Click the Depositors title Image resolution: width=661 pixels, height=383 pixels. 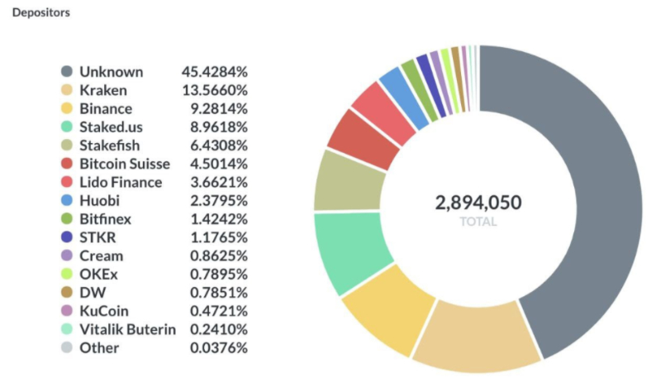pyautogui.click(x=40, y=13)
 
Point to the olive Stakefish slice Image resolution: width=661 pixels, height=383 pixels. pyautogui.click(x=348, y=181)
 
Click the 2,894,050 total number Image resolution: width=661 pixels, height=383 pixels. pyautogui.click(x=478, y=203)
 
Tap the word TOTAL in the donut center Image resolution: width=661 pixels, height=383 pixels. pyautogui.click(x=478, y=222)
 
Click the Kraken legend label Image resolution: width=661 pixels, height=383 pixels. pyautogui.click(x=104, y=90)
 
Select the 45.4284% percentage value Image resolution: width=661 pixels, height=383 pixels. pyautogui.click(x=215, y=72)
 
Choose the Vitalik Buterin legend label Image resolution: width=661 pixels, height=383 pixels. pyautogui.click(x=127, y=329)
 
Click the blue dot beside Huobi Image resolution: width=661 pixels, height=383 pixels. pyautogui.click(x=67, y=201)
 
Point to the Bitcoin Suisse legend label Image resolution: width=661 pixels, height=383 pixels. pyautogui.click(x=125, y=164)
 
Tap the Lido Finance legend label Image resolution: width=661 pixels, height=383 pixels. pyautogui.click(x=121, y=182)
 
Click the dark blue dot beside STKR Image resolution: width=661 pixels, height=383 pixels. pyautogui.click(x=67, y=237)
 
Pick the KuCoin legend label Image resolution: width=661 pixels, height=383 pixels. pyautogui.click(x=103, y=311)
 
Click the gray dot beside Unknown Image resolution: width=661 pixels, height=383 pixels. pyautogui.click(x=67, y=72)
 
